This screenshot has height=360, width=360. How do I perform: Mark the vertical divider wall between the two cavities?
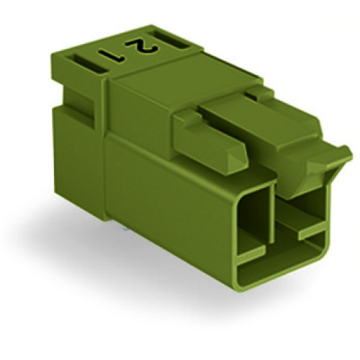point(274,216)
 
